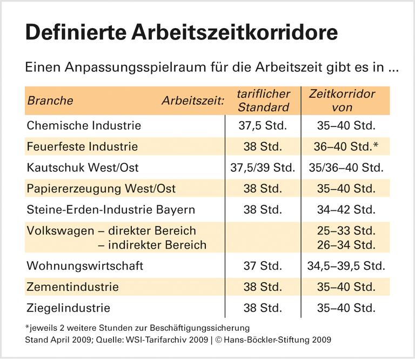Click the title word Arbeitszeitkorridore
pyautogui.click(x=243, y=32)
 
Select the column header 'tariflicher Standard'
pyautogui.click(x=263, y=101)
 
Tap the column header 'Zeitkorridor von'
pyautogui.click(x=342, y=101)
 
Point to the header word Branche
pyautogui.click(x=50, y=101)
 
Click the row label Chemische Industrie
pyautogui.click(x=84, y=126)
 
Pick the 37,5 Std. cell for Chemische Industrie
pyautogui.click(x=263, y=126)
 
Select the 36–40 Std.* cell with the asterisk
pyautogui.click(x=345, y=146)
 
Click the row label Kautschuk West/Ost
pyautogui.click(x=83, y=168)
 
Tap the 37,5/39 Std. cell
pyautogui.click(x=263, y=168)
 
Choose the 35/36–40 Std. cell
pyautogui.click(x=345, y=168)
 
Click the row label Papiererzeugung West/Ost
pyautogui.click(x=101, y=189)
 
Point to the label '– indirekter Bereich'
pyautogui.click(x=152, y=245)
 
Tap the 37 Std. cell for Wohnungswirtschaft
pyautogui.click(x=263, y=266)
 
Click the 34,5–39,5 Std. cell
pyautogui.click(x=345, y=266)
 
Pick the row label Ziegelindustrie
pyautogui.click(x=68, y=308)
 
